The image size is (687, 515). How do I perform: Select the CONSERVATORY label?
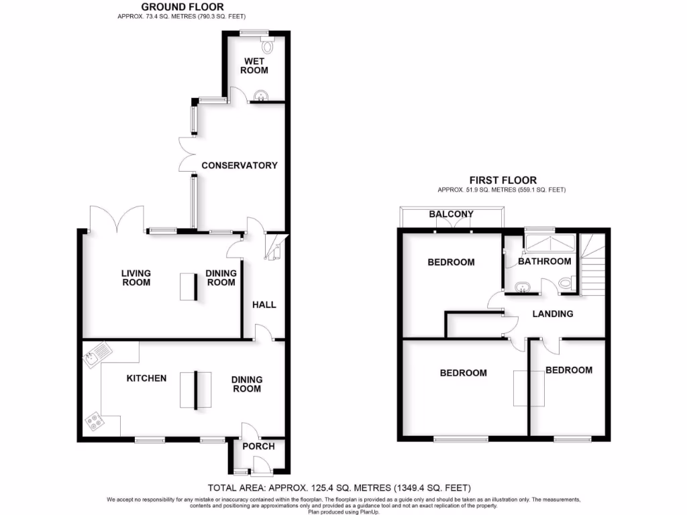click(240, 165)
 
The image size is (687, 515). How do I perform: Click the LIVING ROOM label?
click(136, 278)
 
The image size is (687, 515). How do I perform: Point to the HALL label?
click(264, 304)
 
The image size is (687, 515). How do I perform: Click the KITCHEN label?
click(147, 378)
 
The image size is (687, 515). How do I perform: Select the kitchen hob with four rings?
click(94, 421)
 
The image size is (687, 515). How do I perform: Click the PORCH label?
click(258, 446)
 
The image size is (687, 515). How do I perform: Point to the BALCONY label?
click(452, 215)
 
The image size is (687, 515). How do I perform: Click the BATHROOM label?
click(545, 262)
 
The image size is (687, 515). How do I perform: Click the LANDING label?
click(553, 314)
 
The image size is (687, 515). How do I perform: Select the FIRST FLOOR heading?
click(503, 180)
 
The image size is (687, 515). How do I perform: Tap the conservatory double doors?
click(187, 155)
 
